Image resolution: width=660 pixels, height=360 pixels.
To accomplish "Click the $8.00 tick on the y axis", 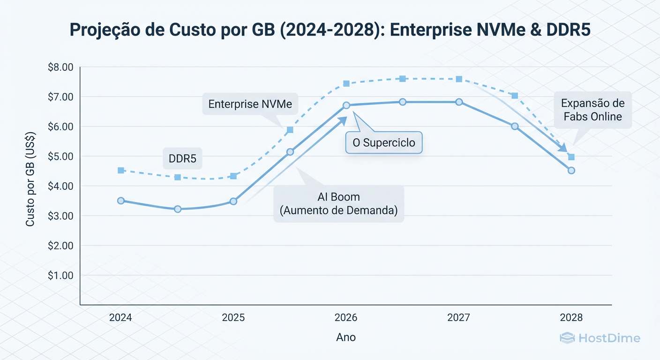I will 60,67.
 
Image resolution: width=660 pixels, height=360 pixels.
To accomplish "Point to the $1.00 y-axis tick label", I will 60,275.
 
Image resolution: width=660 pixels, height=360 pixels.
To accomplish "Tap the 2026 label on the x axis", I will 346,317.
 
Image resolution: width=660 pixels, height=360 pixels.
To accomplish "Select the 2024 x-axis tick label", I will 120,317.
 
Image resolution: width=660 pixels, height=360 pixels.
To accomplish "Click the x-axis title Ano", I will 346,337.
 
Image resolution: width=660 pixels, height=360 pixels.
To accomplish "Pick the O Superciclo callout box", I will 384,142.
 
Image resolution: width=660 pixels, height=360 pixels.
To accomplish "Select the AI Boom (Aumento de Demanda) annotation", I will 338,204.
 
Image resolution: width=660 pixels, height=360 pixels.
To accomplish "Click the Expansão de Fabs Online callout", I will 592,110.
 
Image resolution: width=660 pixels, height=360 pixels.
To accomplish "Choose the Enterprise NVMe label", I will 250,104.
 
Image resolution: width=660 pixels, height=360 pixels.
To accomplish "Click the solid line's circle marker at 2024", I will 121,201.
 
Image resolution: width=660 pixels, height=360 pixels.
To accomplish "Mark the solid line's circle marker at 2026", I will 346,105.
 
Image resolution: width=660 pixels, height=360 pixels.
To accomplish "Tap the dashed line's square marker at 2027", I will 459,79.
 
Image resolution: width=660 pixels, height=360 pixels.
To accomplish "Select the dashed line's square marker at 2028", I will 571,157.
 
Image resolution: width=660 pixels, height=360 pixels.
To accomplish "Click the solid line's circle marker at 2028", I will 571,171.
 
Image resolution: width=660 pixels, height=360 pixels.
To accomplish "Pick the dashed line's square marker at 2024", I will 121,170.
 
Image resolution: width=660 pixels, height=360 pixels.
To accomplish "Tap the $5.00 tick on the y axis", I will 60,156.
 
